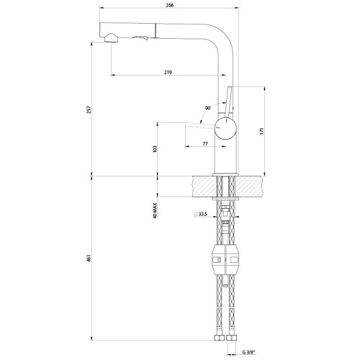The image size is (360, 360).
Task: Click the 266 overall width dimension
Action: tap(168, 4)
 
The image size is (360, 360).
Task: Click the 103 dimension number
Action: tap(156, 149)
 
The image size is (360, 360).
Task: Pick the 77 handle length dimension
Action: tap(204, 144)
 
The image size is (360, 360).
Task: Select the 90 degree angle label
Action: tap(207, 107)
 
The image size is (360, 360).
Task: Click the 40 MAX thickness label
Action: tap(156, 210)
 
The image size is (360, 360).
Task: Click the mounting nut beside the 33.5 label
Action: tap(225, 212)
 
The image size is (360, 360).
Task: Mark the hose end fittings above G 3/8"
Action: tap(224, 337)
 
